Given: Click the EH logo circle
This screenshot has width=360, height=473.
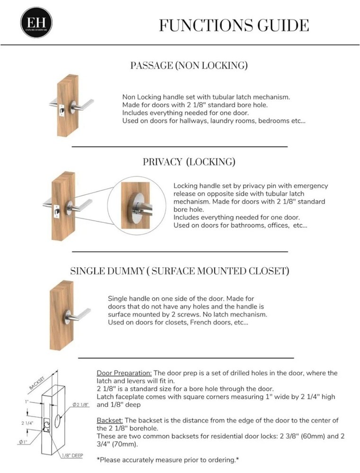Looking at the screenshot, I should [36, 22].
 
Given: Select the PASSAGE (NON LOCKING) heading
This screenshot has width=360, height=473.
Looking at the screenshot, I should [189, 66].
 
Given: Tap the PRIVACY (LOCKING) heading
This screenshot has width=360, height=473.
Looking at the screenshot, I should [189, 162].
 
